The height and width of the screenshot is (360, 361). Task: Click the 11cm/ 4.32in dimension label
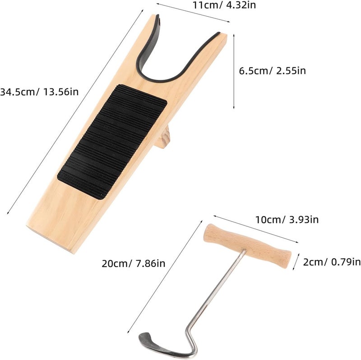pyautogui.click(x=224, y=5)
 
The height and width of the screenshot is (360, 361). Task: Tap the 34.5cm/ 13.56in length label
pyautogui.click(x=39, y=92)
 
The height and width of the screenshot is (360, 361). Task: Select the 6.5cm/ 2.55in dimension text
pyautogui.click(x=273, y=71)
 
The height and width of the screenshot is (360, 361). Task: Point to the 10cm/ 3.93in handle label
pyautogui.click(x=287, y=220)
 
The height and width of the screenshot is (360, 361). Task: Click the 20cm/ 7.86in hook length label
pyautogui.click(x=134, y=263)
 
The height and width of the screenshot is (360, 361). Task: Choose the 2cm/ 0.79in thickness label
pyautogui.click(x=332, y=262)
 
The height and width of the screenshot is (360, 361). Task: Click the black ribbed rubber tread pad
pyautogui.click(x=112, y=142)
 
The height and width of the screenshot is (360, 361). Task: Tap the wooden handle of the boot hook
pyautogui.click(x=247, y=246)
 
